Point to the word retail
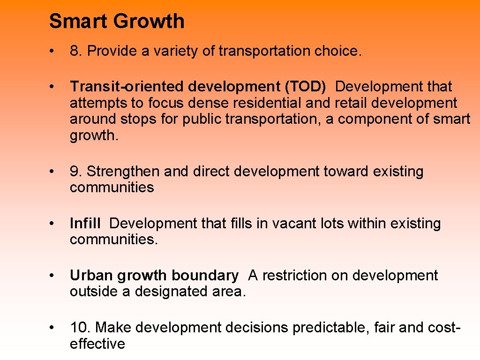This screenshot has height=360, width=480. (x=351, y=103)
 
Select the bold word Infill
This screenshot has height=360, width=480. (x=85, y=224)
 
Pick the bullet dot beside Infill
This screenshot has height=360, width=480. (x=55, y=224)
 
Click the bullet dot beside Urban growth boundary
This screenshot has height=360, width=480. (x=55, y=276)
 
